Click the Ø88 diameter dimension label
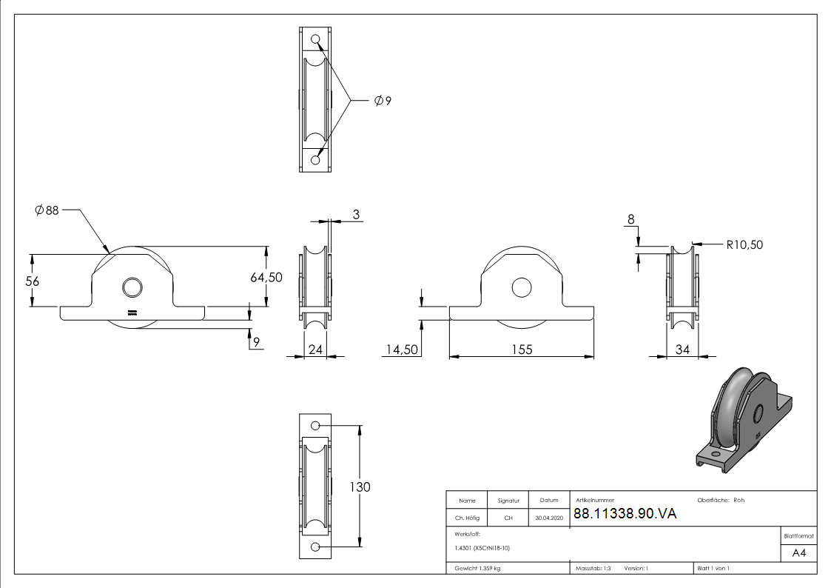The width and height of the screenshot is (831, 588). (x=47, y=210)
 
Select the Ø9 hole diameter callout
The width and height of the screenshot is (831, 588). (x=383, y=101)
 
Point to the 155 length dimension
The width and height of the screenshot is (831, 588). (x=522, y=349)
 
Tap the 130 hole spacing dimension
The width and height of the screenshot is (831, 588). (x=360, y=487)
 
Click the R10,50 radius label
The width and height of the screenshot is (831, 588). (x=744, y=244)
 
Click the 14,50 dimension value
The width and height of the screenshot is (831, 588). (x=400, y=349)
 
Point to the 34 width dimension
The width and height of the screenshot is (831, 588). (x=682, y=349)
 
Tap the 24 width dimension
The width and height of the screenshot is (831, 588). (x=315, y=349)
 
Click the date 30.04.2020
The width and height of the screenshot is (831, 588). (x=548, y=518)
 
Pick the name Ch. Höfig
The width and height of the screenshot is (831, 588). (x=467, y=518)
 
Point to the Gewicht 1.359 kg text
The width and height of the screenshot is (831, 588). (x=478, y=568)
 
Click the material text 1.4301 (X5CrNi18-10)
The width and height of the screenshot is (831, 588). (x=482, y=548)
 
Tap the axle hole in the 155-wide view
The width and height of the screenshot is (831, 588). (x=521, y=288)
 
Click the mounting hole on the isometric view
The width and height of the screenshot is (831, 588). (x=715, y=453)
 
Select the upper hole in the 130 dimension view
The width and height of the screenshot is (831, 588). (x=315, y=426)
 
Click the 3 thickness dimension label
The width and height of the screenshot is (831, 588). (x=356, y=215)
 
